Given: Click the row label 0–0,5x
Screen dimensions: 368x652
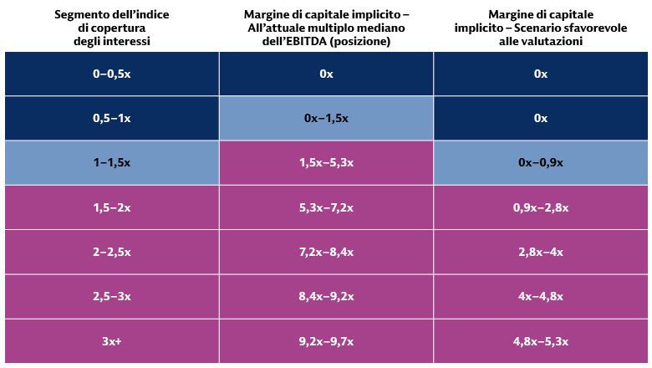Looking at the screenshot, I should [x=111, y=74].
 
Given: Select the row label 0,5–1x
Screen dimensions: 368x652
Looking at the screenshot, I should [x=111, y=118].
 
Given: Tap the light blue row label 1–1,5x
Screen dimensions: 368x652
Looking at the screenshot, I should [x=111, y=163].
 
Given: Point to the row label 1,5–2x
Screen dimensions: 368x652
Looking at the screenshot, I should [x=111, y=207].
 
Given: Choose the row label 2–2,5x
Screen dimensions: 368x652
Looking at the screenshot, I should [x=111, y=252].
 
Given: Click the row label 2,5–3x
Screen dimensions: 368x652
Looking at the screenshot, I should [x=111, y=297].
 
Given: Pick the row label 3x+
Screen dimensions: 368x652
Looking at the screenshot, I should [x=111, y=341].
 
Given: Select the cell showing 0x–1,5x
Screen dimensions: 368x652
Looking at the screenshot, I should [x=326, y=118].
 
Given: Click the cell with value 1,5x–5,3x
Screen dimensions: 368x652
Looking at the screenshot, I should [x=326, y=163].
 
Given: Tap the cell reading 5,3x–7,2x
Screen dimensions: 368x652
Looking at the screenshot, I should [x=326, y=207].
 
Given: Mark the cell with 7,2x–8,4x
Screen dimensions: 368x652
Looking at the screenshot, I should [x=326, y=252].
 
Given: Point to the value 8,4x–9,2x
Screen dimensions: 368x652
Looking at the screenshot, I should [x=326, y=297].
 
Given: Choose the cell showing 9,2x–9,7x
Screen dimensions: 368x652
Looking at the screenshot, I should [x=326, y=341].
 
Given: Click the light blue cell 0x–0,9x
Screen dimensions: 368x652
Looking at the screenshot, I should [x=540, y=163].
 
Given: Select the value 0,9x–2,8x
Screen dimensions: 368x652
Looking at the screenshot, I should [x=540, y=207].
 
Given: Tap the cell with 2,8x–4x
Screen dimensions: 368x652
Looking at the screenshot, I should [x=540, y=252].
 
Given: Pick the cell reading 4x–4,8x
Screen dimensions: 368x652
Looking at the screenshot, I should [x=540, y=297].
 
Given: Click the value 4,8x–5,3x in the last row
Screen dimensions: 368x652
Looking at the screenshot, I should [x=540, y=341].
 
